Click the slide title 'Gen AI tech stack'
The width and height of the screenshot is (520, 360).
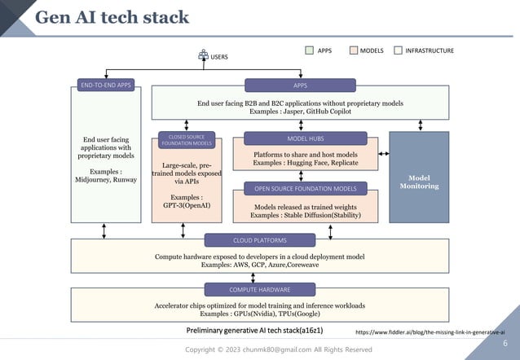coord(112,17)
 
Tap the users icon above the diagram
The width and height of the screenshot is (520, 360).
coord(204,55)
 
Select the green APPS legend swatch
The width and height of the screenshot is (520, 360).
coord(310,50)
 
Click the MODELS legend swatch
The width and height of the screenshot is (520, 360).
coord(354,50)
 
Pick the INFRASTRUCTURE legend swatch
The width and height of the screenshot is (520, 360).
coord(399,50)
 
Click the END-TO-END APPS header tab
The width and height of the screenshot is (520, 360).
coord(106,85)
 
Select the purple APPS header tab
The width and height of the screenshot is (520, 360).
coord(300,85)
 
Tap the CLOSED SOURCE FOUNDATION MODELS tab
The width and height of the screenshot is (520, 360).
coord(187,140)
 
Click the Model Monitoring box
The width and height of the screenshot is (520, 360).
coord(419,181)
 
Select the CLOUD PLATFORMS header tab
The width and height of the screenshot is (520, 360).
coord(259,240)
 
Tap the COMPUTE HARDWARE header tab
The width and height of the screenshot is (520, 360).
coord(259,289)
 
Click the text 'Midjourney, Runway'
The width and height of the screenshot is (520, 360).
coord(105,180)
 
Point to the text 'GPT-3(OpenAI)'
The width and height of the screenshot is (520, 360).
coord(187,205)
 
